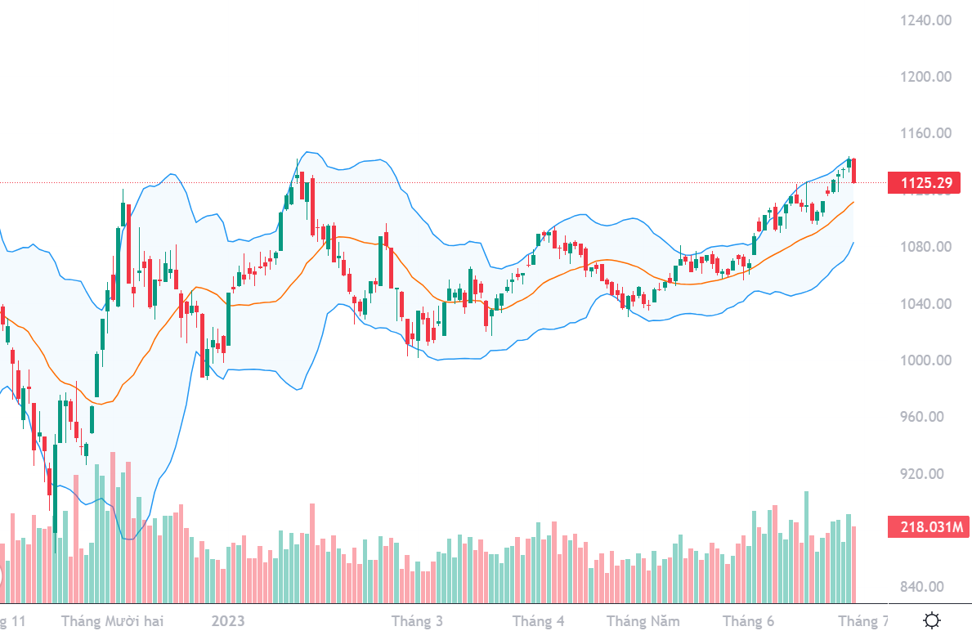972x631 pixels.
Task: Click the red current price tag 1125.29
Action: (924, 183)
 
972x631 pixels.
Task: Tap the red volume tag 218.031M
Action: (924, 526)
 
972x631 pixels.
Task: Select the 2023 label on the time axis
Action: (229, 621)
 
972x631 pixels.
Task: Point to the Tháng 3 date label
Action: (417, 621)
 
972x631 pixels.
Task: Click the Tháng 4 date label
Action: (538, 621)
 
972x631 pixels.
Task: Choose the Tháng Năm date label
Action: (643, 621)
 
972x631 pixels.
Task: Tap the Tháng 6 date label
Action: (748, 621)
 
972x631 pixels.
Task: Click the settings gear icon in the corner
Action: (931, 620)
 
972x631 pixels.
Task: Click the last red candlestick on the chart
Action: (854, 170)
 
